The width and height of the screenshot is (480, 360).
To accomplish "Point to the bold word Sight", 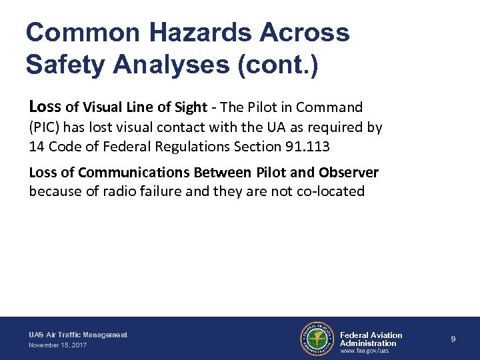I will [190, 107].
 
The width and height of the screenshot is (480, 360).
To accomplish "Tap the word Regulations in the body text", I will [211, 146].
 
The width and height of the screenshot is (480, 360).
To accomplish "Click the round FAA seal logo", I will [317, 339].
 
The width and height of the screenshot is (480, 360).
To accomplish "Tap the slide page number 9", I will [453, 339].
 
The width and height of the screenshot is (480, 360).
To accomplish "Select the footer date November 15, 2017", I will [57, 345].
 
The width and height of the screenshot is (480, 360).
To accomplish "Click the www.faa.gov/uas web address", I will [364, 351].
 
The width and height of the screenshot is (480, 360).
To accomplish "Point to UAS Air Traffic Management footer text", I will [78, 335].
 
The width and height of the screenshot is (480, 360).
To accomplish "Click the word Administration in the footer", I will [368, 343].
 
